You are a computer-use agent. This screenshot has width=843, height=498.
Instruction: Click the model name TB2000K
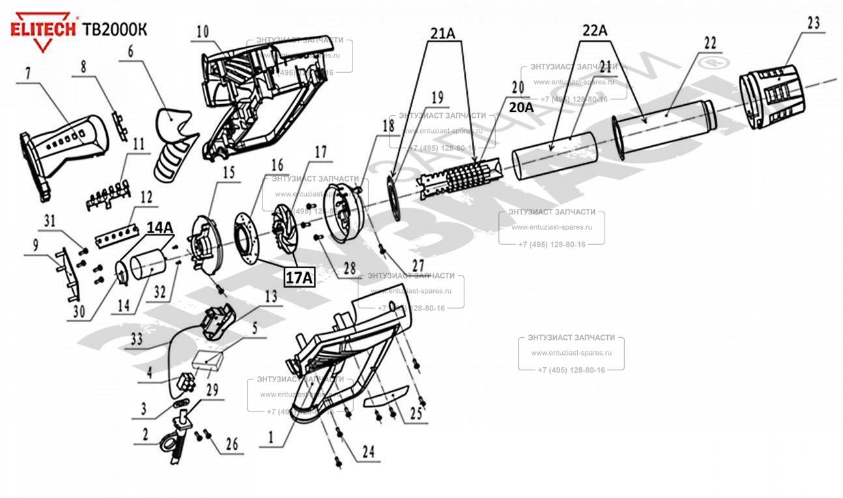pos(115,29)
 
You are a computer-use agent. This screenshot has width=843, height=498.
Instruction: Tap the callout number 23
pos(813,23)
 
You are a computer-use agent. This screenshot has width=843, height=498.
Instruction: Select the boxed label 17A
pos(299,278)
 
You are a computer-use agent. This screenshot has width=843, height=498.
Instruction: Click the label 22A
pos(594,30)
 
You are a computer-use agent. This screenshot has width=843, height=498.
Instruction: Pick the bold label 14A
pos(160,228)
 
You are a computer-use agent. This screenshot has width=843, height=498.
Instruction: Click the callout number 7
pos(28,74)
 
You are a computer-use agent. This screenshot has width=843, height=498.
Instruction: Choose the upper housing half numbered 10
pos(261,91)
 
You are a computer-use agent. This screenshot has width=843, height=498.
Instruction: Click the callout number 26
pos(232,445)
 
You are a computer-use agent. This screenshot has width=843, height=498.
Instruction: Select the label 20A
pos(521,107)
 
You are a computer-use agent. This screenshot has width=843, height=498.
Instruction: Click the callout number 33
pos(136,339)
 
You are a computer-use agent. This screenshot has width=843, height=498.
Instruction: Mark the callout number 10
pos(203,31)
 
